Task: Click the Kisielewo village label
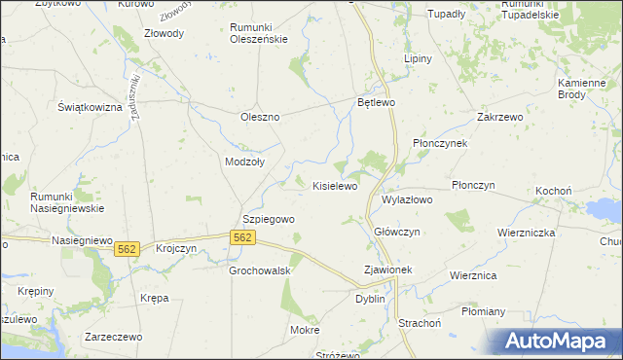point(335,185)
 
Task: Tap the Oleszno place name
point(260,117)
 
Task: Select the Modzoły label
point(244,162)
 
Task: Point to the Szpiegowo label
point(268,220)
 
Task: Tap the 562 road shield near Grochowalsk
point(243,237)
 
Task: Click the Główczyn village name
point(397,232)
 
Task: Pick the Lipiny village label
point(418,58)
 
